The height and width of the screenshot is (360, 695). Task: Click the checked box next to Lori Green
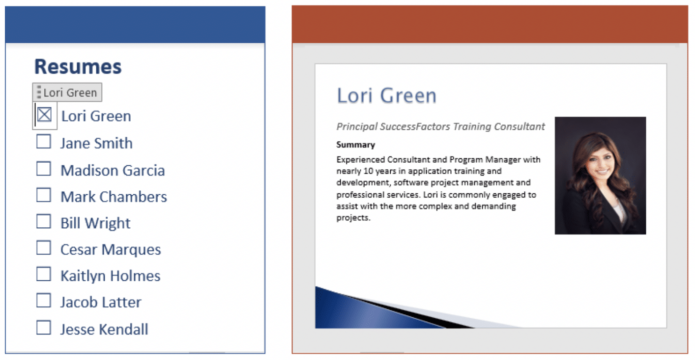(44, 115)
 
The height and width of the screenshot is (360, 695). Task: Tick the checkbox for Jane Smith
(44, 142)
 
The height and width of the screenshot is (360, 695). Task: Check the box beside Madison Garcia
(44, 169)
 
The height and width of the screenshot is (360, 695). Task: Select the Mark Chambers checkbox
(44, 195)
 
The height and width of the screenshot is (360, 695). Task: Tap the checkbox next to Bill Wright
(44, 221)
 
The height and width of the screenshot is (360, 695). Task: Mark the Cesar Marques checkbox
(44, 248)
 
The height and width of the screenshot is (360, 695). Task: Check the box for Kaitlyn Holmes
(44, 274)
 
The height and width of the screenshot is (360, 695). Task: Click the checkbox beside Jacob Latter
(44, 300)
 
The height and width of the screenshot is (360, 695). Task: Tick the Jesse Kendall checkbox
(44, 328)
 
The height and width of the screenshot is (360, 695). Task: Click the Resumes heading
(78, 66)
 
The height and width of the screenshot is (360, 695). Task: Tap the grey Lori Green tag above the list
(67, 92)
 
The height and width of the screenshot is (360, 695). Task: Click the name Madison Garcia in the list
(113, 170)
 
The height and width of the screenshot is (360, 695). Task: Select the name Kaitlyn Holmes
(111, 276)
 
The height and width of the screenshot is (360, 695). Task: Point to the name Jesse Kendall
(104, 330)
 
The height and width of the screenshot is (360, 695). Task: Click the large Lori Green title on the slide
(387, 95)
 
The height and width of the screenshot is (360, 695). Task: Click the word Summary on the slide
(355, 145)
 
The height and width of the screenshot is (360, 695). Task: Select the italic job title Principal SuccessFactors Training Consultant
(440, 126)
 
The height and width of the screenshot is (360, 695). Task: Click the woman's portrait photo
(600, 176)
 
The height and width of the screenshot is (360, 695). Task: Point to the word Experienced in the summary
(361, 160)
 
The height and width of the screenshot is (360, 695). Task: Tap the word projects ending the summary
(353, 218)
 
